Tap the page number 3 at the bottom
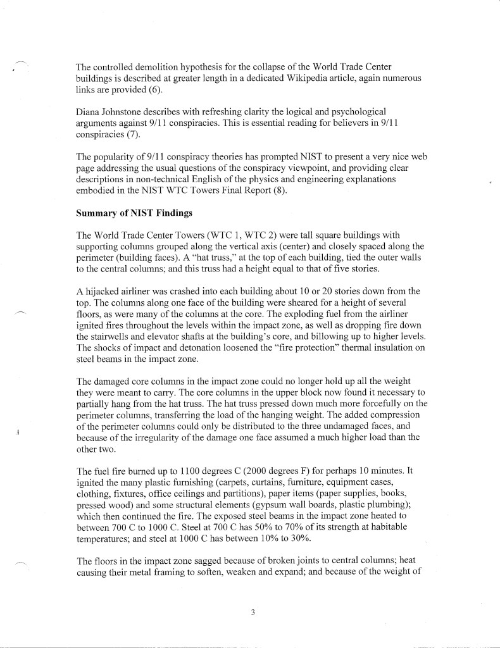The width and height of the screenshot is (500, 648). point(252,611)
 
